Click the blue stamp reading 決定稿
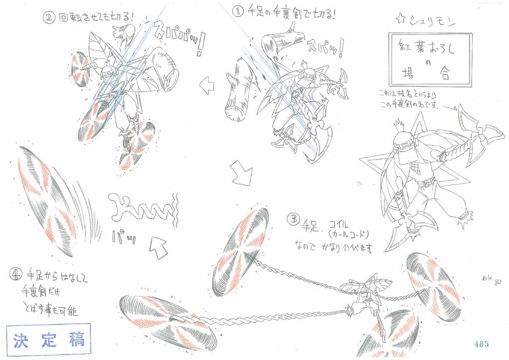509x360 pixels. [49, 339]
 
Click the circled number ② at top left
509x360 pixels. [49, 18]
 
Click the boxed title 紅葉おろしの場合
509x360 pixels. [430, 59]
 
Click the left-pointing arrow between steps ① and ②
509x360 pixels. [207, 87]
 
